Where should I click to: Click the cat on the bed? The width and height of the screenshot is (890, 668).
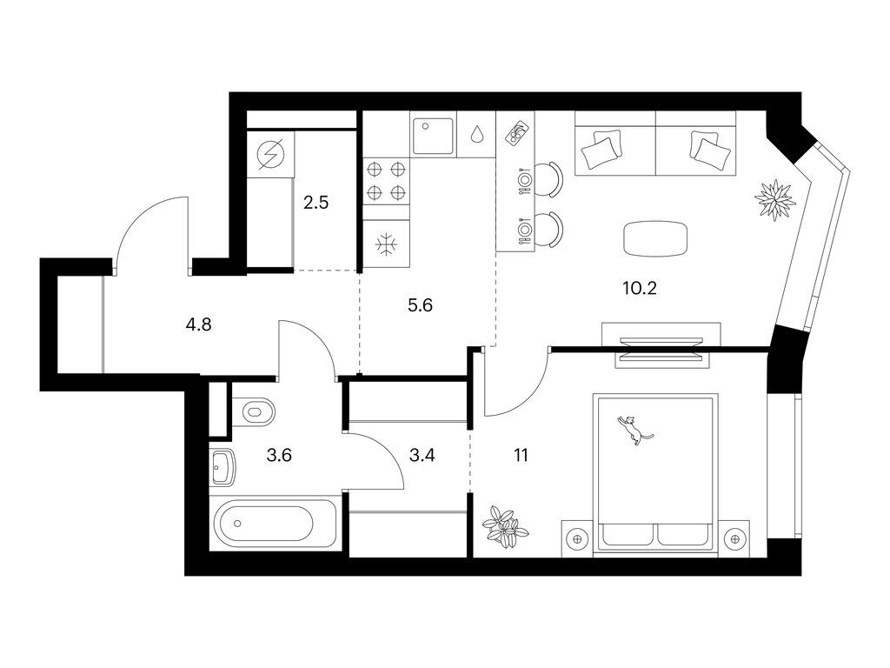[633, 430]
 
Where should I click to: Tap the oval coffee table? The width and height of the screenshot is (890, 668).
[654, 238]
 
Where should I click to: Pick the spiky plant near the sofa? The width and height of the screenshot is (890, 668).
[774, 200]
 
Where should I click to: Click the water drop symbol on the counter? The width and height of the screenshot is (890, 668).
[477, 135]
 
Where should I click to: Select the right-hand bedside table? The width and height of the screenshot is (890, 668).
[735, 539]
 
